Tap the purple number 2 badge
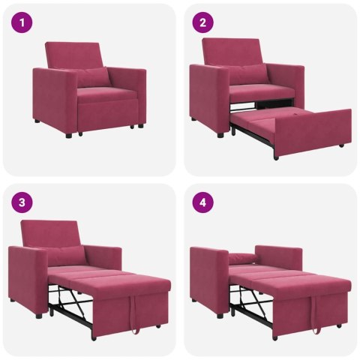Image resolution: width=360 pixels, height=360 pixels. coord(202,23)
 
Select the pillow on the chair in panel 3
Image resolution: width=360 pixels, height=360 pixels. coord(64,255)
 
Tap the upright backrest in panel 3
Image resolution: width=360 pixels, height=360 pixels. coord(52,232)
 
